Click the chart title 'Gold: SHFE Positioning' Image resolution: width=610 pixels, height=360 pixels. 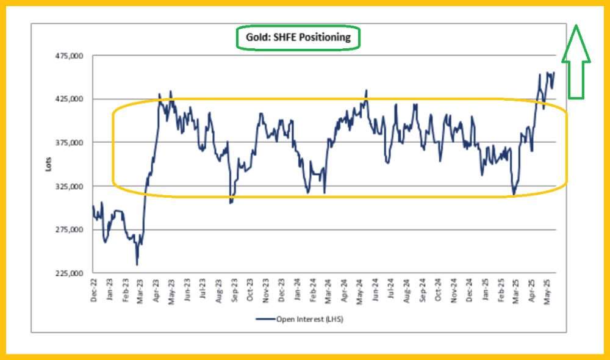[x=298, y=37]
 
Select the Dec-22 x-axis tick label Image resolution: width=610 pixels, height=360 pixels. [x=93, y=290]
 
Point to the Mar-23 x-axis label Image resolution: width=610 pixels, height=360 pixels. [x=141, y=290]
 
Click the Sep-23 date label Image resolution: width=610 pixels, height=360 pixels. [x=235, y=290]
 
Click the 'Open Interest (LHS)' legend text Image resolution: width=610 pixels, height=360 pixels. [x=304, y=319]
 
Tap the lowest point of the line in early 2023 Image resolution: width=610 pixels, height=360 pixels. [x=137, y=264]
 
